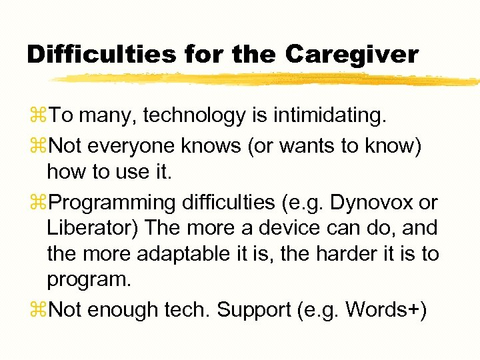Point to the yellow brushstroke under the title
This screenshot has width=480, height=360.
coord(267,79)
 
